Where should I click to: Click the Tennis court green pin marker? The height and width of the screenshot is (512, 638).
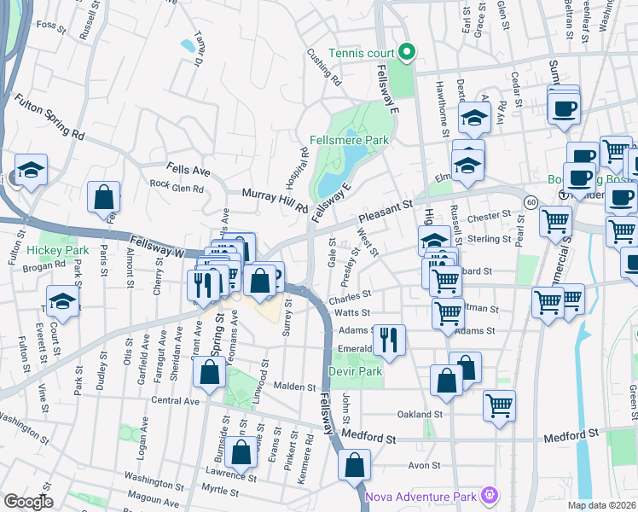[x=407, y=51]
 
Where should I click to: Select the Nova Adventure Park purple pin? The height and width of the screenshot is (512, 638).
[x=488, y=495]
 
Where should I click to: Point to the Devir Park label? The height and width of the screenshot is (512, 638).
[x=356, y=372]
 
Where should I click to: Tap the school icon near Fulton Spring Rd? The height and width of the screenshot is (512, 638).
[x=31, y=170]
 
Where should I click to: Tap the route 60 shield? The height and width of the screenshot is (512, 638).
[x=531, y=201]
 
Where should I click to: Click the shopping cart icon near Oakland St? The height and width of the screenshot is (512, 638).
[x=499, y=405]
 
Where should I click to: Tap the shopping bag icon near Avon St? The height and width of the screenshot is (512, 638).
[x=354, y=465]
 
